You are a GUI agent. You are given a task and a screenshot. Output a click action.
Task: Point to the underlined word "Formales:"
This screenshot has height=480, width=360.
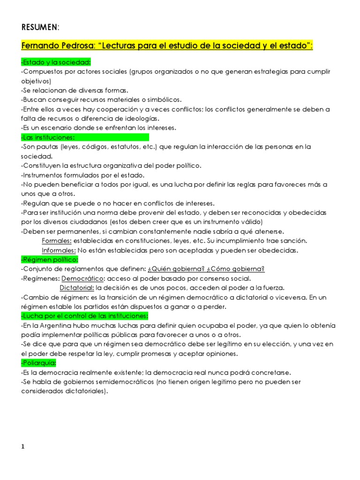pos(57,240)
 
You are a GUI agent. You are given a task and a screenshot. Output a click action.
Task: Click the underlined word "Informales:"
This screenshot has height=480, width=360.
pos(59,250)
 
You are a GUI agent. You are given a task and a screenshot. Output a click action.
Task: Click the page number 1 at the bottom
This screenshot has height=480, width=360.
pos(23,447)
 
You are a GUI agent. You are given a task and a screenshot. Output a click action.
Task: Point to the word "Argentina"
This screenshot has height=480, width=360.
pos(54,325)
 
